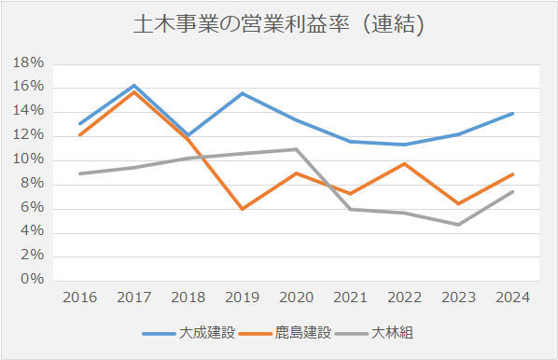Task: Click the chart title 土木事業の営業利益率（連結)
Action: coord(279,25)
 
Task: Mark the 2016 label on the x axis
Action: coord(80,298)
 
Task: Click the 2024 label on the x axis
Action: coord(512,298)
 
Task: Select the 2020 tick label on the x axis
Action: coord(296,298)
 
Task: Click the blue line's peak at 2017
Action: coord(134,86)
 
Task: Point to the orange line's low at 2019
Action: coord(243,209)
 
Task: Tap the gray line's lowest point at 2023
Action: coord(458,224)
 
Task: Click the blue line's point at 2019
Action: coord(243,93)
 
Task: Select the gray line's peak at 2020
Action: coord(296,149)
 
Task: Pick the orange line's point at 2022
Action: coord(404,164)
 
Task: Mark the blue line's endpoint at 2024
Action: coord(512,114)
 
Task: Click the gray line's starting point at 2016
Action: coord(80,173)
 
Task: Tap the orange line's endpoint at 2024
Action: coord(512,174)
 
